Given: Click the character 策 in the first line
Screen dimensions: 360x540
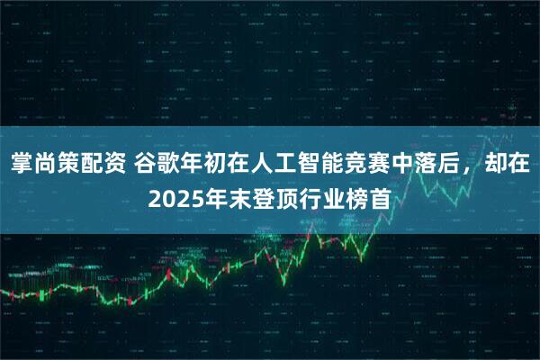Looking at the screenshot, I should point(68,165).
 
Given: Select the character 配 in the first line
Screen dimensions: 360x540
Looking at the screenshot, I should point(92,165).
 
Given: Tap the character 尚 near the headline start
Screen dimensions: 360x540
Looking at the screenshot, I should point(45,165).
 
